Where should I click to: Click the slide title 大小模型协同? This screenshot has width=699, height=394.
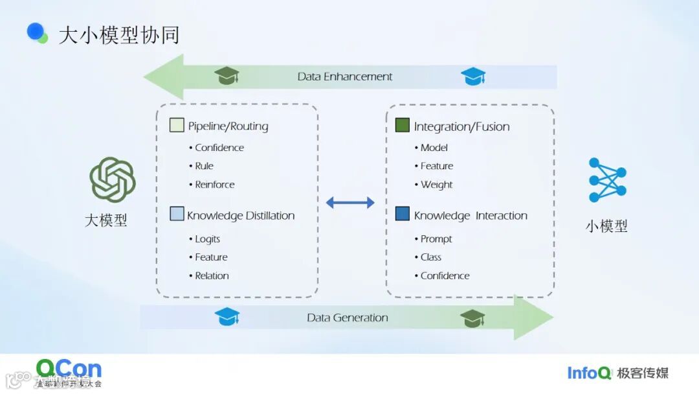tap(118, 35)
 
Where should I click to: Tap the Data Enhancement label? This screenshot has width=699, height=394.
tap(345, 76)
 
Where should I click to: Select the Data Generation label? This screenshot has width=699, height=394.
tap(348, 318)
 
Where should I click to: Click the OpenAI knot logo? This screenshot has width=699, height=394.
tap(112, 180)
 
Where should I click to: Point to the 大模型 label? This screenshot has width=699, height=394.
tap(106, 220)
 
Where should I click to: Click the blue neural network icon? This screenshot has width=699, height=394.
tap(607, 180)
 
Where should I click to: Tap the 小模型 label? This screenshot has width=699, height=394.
tap(606, 226)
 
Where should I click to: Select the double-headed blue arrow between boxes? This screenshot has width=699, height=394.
tap(350, 203)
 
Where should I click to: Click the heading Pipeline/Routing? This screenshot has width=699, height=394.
tap(228, 126)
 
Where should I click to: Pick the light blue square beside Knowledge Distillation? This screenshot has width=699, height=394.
tap(177, 214)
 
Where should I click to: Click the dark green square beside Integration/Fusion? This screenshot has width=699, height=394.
tap(402, 125)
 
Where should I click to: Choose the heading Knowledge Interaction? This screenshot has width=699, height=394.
tap(471, 216)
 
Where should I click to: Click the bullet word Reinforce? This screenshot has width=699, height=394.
tap(215, 185)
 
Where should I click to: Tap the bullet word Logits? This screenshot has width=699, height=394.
tap(208, 239)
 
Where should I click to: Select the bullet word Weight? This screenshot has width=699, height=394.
tap(437, 185)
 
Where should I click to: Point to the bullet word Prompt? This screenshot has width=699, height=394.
tap(436, 239)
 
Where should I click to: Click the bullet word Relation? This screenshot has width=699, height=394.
tap(212, 276)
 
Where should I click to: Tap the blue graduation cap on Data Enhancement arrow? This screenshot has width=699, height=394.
tap(473, 76)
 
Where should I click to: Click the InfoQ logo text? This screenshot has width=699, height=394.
tap(589, 373)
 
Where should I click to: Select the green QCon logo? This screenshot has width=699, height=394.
tap(69, 370)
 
